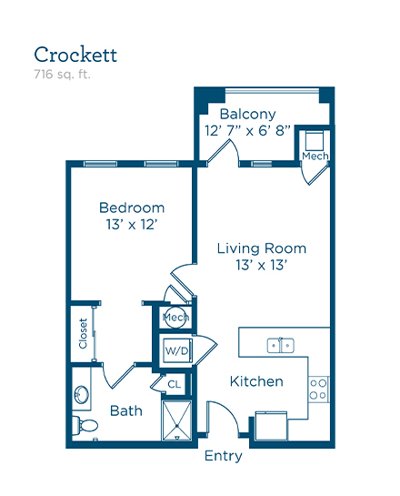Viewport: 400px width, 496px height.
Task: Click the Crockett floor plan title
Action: (75, 55)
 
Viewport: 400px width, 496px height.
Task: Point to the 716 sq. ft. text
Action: (62, 75)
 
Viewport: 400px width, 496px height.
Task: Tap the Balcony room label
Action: (247, 115)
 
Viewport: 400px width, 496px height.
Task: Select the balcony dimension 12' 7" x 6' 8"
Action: (247, 131)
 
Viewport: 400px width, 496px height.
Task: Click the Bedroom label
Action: (132, 208)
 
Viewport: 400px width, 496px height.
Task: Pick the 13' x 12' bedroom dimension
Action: (132, 225)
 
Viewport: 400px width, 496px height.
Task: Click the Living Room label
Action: (262, 248)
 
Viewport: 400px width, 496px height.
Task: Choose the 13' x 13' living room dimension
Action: (261, 265)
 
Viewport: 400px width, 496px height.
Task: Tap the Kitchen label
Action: (256, 381)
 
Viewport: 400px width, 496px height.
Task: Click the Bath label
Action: (126, 411)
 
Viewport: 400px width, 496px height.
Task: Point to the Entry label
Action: (223, 456)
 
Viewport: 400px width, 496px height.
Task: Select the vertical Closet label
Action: (83, 333)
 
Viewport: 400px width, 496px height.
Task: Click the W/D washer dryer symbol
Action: (177, 350)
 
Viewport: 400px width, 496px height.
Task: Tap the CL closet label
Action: (175, 384)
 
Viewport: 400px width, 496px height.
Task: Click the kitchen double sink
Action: (281, 346)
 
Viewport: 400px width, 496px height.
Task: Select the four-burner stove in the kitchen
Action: (318, 390)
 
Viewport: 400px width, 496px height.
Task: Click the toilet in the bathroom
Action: (85, 425)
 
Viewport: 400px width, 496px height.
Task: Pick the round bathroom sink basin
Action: (82, 395)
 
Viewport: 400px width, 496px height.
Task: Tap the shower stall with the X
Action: (176, 420)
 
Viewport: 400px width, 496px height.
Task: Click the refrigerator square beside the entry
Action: (272, 426)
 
